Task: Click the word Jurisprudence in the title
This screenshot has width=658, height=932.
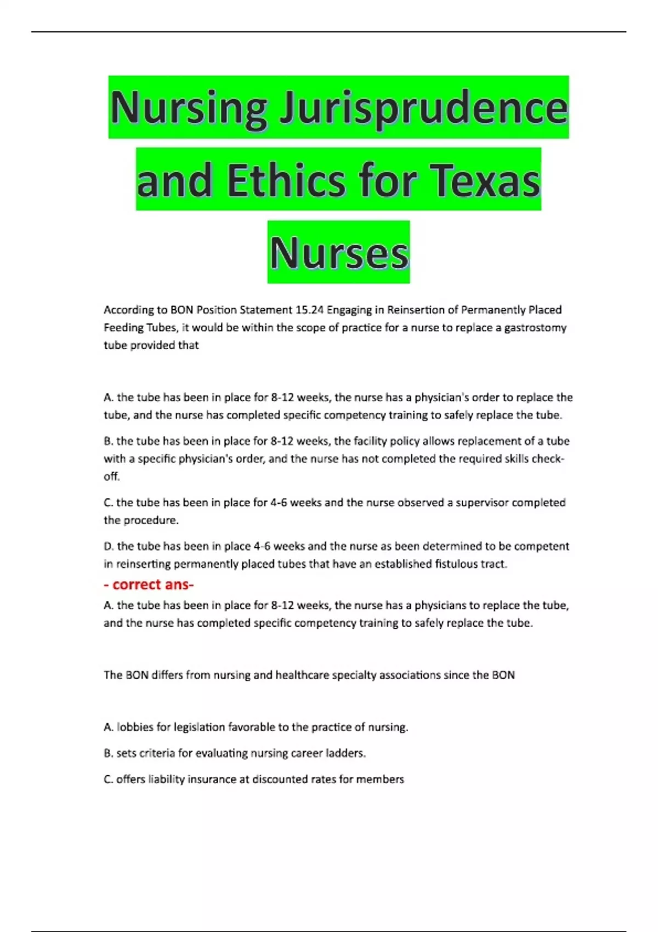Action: [423, 108]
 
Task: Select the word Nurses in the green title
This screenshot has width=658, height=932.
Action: [339, 253]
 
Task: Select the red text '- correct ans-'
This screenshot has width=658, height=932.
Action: [149, 585]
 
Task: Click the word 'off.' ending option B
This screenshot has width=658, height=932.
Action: [111, 476]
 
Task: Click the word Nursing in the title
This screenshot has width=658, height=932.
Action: [189, 108]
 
